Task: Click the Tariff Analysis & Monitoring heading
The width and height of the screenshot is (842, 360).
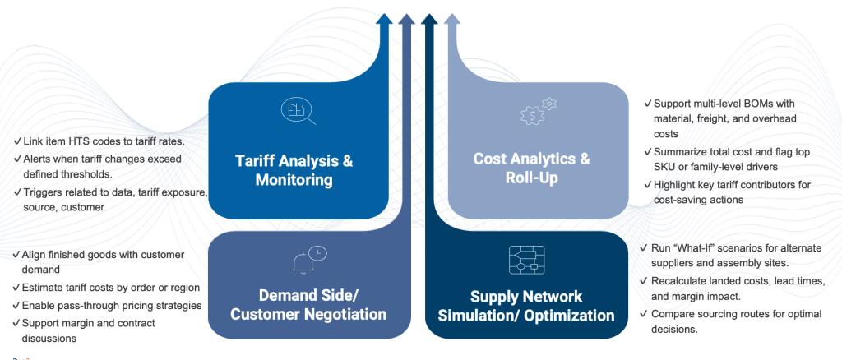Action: coord(294,170)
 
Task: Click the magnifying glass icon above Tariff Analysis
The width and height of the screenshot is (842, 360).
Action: coord(297,110)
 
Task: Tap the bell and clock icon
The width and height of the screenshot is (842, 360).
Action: coord(308,259)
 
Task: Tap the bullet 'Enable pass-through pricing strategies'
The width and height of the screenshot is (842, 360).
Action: coord(107,306)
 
